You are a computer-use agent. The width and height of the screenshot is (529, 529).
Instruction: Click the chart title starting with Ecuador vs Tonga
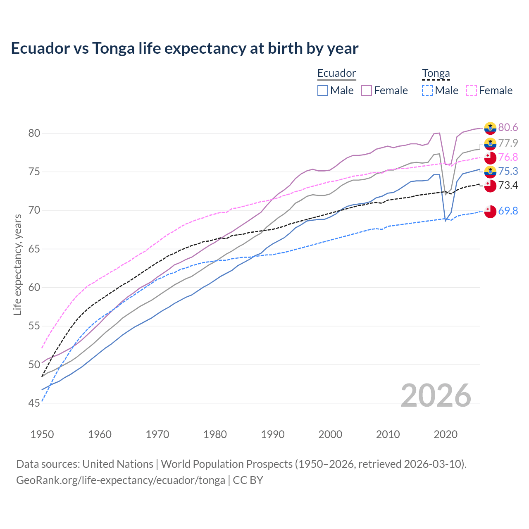pyautogui.click(x=184, y=48)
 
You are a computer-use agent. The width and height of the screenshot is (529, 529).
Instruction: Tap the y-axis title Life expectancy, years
pyautogui.click(x=17, y=264)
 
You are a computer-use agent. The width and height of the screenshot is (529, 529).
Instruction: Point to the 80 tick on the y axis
pyautogui.click(x=34, y=133)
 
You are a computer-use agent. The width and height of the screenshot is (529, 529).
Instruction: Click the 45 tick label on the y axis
pyautogui.click(x=34, y=403)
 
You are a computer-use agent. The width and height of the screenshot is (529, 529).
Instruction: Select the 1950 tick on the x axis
pyautogui.click(x=42, y=434)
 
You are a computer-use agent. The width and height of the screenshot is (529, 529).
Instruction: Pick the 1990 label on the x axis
pyautogui.click(x=273, y=434)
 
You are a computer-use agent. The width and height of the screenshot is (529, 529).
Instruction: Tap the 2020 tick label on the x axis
pyautogui.click(x=446, y=434)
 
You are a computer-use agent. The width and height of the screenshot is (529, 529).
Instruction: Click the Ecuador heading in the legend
pyautogui.click(x=336, y=73)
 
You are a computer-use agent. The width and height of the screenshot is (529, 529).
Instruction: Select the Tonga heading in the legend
pyautogui.click(x=436, y=73)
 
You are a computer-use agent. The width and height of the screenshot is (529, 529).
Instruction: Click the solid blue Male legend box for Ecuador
pyautogui.click(x=323, y=91)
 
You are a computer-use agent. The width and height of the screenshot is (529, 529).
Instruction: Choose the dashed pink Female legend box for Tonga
pyautogui.click(x=472, y=91)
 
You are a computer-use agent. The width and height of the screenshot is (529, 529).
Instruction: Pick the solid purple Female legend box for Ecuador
pyautogui.click(x=367, y=91)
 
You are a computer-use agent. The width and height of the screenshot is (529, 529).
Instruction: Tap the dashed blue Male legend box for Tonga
pyautogui.click(x=427, y=91)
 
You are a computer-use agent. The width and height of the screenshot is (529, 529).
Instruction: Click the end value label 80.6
pyautogui.click(x=508, y=127)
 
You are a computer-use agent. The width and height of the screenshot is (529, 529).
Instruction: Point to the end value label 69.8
pyautogui.click(x=508, y=211)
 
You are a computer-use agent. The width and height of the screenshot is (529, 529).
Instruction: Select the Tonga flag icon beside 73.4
pyautogui.click(x=490, y=186)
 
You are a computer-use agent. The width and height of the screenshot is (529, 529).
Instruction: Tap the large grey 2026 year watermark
pyautogui.click(x=436, y=396)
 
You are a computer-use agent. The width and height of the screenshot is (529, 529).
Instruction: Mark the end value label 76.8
pyautogui.click(x=508, y=157)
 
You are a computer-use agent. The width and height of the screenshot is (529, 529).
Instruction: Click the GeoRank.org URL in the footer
pyautogui.click(x=120, y=480)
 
